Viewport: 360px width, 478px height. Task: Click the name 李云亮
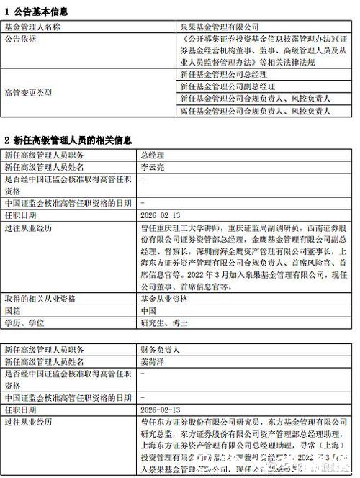(x=153, y=167)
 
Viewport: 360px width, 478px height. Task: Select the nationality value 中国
(x=148, y=311)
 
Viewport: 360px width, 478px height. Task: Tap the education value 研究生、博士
(x=163, y=323)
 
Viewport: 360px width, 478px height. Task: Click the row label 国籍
(x=13, y=311)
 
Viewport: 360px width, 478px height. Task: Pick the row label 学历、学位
(x=23, y=323)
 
